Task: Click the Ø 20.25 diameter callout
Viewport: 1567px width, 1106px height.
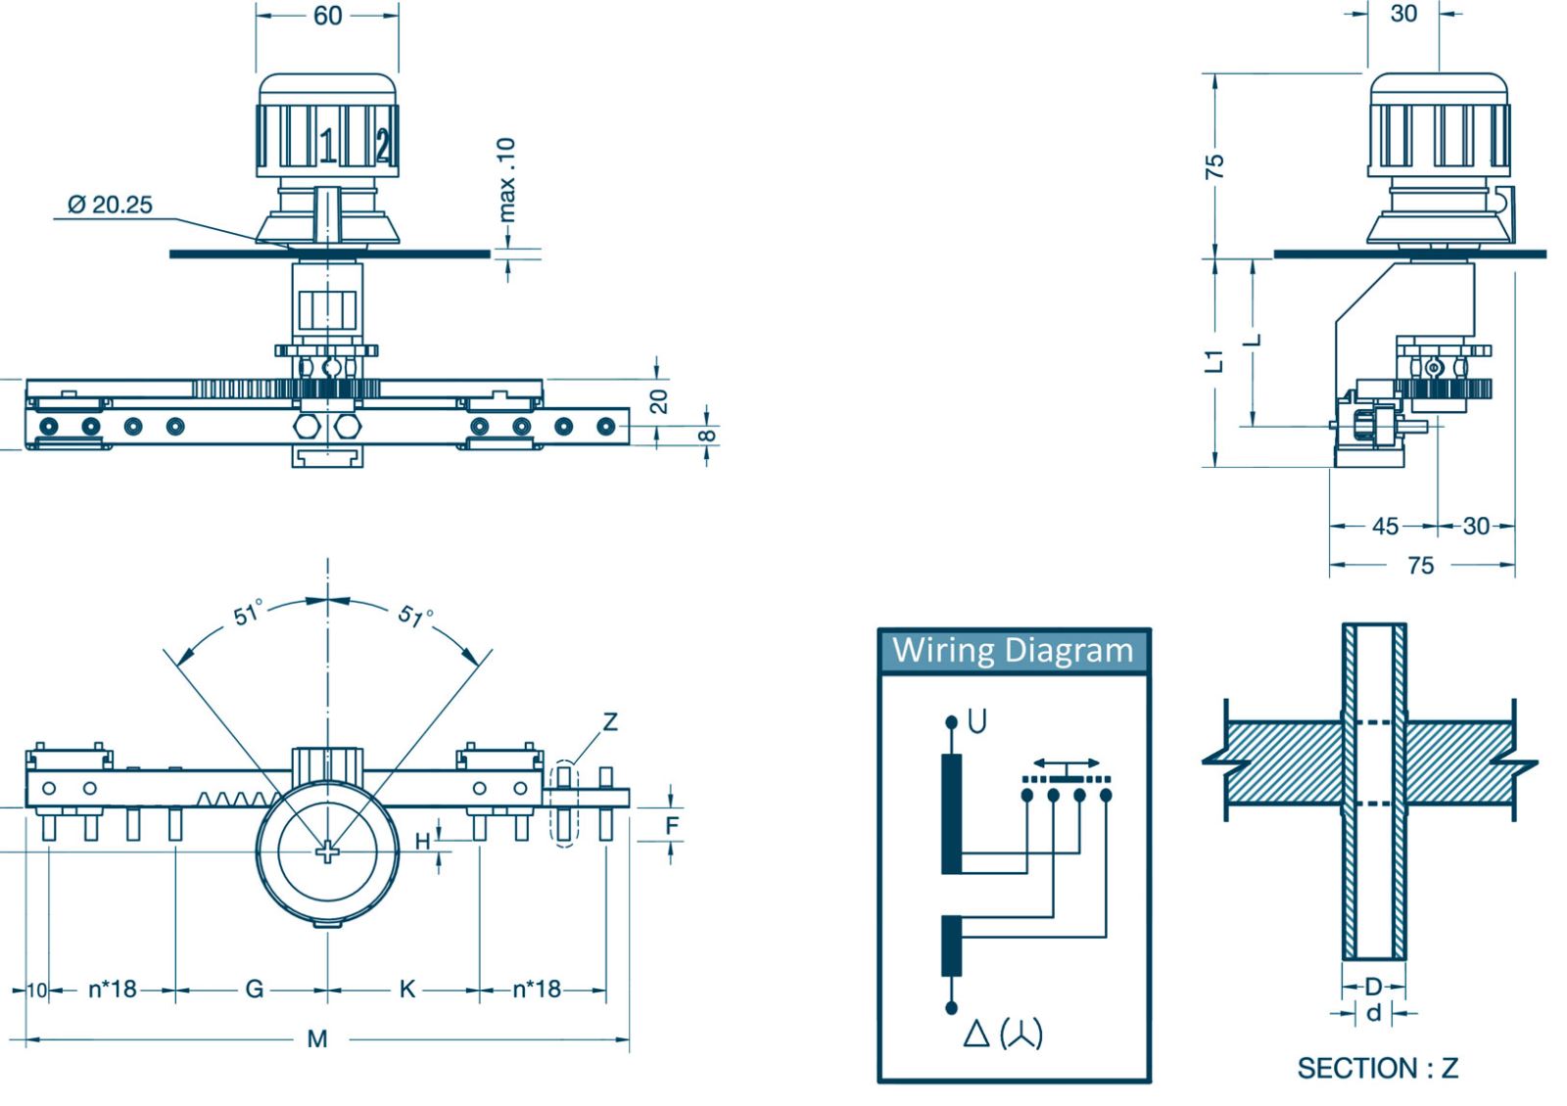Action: [110, 205]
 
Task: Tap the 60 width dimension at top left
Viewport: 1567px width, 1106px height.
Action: [327, 16]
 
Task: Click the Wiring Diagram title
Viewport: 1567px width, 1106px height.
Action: [1013, 650]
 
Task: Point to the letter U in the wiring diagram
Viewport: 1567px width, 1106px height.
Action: [976, 721]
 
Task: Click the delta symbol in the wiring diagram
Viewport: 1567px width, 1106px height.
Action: [975, 1034]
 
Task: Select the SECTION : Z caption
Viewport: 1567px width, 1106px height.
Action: [1377, 1068]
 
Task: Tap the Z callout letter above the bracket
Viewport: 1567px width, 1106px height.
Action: [610, 721]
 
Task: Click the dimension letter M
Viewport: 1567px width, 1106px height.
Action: [316, 1038]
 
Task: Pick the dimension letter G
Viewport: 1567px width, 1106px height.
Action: [254, 989]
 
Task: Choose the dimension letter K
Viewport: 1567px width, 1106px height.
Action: [407, 989]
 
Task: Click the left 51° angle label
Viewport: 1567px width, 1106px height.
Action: [248, 614]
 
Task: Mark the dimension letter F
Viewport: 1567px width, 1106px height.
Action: [672, 825]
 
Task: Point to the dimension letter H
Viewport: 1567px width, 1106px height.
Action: [423, 841]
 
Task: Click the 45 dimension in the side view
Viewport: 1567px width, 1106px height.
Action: [1385, 526]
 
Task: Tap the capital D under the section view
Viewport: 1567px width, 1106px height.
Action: [1373, 986]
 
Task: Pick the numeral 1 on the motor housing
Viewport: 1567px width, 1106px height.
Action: [328, 146]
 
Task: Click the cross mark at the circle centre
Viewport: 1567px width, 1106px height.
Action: [327, 852]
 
